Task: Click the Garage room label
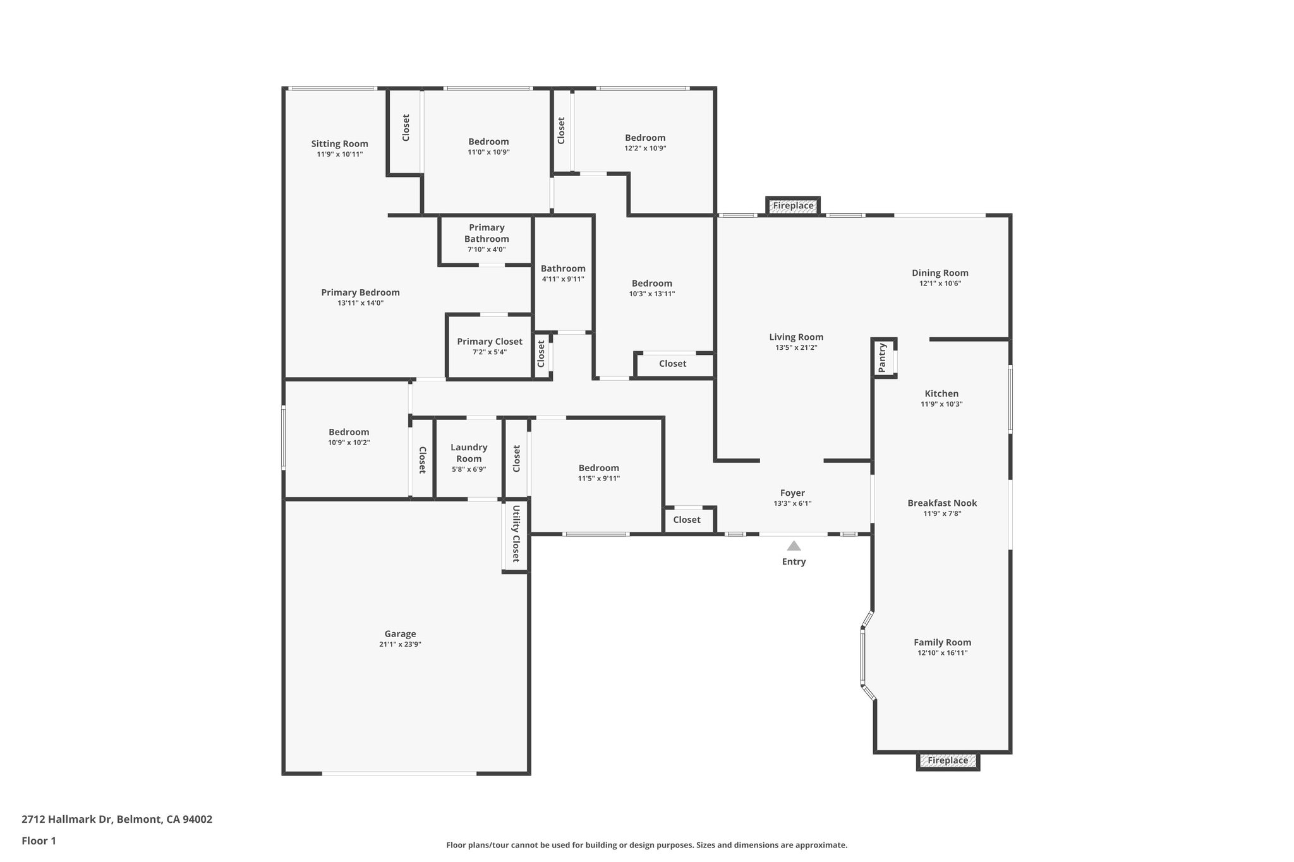[x=400, y=634]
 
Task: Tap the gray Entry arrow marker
[x=794, y=546]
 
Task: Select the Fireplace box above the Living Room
[x=793, y=206]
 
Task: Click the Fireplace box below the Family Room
[x=948, y=761]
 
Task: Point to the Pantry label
[x=883, y=357]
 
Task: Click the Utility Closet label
[x=516, y=534]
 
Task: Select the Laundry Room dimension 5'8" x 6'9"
[x=469, y=469]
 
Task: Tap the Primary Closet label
[x=490, y=342]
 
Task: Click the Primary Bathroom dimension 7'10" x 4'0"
[x=487, y=249]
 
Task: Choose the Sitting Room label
[x=339, y=144]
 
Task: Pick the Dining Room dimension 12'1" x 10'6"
[x=940, y=284]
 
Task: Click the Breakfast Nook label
[x=942, y=503]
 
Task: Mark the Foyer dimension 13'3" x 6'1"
[x=792, y=503]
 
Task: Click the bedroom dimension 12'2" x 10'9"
[x=645, y=148]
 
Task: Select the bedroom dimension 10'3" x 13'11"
[x=652, y=294]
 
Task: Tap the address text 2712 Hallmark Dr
[x=66, y=820]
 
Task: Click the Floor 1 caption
[x=39, y=841]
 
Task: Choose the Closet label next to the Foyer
[x=687, y=520]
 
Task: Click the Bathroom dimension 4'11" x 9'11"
[x=563, y=279]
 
